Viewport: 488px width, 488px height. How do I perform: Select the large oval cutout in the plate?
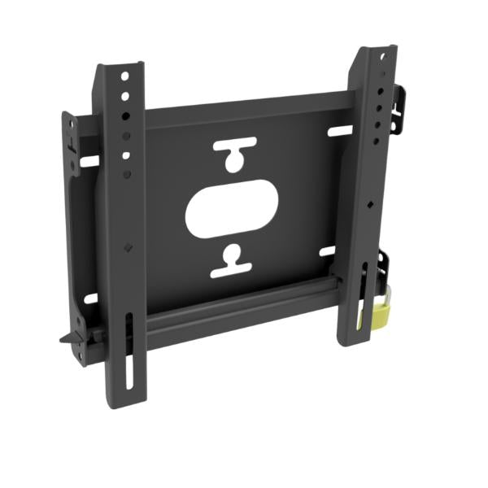click(x=233, y=213)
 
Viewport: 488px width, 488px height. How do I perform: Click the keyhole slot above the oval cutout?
click(x=233, y=155)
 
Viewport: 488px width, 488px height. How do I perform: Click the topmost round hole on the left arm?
click(x=124, y=76)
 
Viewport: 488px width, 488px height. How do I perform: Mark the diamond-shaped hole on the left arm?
click(x=127, y=246)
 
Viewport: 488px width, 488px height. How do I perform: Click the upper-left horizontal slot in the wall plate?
click(x=88, y=161)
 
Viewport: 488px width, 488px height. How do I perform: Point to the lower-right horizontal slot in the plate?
click(x=328, y=251)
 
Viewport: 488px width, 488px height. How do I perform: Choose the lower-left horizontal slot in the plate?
click(x=89, y=298)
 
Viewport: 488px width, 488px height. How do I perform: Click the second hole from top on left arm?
click(x=124, y=95)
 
